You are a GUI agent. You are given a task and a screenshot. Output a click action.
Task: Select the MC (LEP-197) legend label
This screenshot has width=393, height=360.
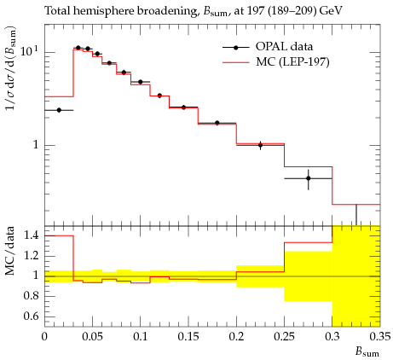(x=292, y=61)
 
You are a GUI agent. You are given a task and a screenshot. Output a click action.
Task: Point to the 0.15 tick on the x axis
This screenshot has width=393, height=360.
(x=188, y=337)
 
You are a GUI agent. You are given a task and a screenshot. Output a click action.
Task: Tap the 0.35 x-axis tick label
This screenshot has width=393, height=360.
(x=380, y=337)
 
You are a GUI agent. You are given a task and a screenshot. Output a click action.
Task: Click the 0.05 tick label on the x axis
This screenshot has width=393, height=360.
(x=93, y=337)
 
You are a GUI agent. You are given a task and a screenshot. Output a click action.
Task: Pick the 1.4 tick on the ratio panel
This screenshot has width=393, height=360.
(x=31, y=235)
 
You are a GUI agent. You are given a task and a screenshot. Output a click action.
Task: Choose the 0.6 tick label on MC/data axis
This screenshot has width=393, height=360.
(x=31, y=316)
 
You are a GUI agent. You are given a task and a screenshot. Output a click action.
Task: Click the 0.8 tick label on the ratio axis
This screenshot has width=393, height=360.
(x=31, y=296)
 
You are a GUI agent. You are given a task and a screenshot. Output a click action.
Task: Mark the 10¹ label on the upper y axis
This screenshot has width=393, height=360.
(x=29, y=51)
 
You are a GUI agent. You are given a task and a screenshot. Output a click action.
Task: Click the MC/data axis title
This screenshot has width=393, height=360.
(x=9, y=251)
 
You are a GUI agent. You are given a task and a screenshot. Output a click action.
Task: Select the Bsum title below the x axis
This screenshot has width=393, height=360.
(x=367, y=352)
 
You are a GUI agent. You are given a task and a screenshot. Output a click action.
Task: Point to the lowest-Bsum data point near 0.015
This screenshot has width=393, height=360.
(x=59, y=110)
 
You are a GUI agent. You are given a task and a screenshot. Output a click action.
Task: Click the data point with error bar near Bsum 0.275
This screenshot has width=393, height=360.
(x=309, y=178)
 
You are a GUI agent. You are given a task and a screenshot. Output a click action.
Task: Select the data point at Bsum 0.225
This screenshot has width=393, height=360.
(x=260, y=145)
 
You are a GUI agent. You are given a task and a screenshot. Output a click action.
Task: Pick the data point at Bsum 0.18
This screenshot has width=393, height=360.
(x=217, y=123)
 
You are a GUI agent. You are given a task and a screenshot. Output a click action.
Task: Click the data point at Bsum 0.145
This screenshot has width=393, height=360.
(x=183, y=107)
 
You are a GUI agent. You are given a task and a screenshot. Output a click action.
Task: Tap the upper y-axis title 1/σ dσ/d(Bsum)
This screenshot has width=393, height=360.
(x=11, y=69)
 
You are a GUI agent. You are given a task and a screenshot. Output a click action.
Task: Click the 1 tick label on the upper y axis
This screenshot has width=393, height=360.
(x=35, y=145)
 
